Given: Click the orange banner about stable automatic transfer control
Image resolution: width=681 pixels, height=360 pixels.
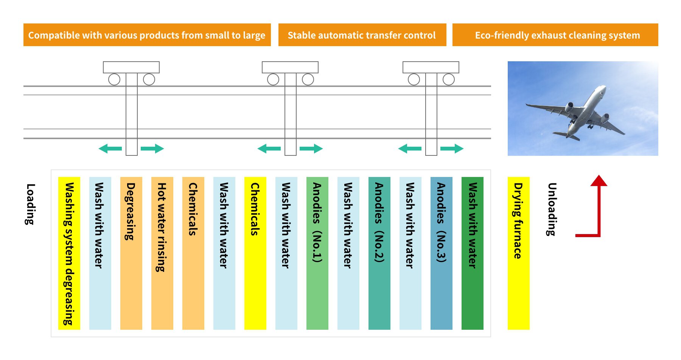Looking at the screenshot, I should tap(362, 35).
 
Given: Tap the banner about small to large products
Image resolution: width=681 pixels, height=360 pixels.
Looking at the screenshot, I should tap(147, 35).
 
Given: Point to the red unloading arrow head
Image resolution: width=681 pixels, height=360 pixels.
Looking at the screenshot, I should tap(599, 180).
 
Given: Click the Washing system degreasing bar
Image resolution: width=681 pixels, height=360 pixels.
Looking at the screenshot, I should tap(69, 253).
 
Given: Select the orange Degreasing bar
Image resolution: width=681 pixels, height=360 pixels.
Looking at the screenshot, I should tap(131, 253).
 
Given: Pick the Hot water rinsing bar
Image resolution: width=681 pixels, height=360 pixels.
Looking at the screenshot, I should tap(162, 253).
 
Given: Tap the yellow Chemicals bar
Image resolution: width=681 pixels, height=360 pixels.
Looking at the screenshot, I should tap(255, 253).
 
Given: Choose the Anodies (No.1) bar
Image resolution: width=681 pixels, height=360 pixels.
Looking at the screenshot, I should tap(317, 253).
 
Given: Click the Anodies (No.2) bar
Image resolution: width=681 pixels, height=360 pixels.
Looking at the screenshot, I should tap(379, 253).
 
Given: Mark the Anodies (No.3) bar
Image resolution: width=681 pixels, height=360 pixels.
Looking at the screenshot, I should tap(441, 253).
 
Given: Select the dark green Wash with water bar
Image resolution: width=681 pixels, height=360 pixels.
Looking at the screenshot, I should tap(472, 253).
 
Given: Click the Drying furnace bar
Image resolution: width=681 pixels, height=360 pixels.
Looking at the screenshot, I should tap(518, 253).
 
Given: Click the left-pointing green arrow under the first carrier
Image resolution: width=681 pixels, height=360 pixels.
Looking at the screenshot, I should tap(110, 149).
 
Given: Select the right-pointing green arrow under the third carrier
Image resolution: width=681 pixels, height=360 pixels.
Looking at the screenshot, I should tap(452, 149).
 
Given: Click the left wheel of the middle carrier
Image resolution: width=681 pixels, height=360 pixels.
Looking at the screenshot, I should tap(273, 79).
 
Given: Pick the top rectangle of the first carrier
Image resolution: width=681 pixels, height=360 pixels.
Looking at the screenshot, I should tap(131, 67).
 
